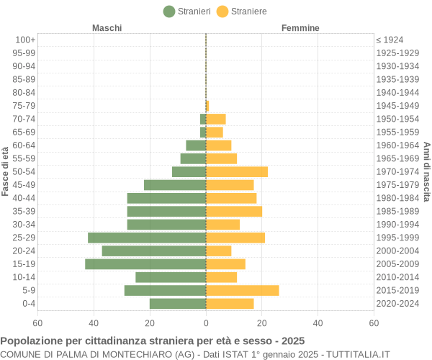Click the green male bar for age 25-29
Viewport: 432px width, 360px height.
[147, 238]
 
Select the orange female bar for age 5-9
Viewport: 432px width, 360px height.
[242, 290]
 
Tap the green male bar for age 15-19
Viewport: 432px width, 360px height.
[145, 264]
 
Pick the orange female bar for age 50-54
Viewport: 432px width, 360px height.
[237, 171]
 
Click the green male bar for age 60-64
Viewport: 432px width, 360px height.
[196, 145]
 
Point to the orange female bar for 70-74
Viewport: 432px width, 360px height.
[216, 119]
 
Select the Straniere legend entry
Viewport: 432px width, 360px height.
[242, 12]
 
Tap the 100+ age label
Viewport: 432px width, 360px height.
[25, 40]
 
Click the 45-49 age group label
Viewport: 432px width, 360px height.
[24, 185]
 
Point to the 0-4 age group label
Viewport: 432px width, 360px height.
[28, 304]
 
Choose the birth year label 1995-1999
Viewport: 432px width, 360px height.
[397, 238]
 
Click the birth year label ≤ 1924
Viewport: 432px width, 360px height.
[390, 40]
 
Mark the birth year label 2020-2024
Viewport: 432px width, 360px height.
[397, 304]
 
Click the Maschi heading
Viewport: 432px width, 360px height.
[107, 28]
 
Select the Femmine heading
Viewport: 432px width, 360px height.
[300, 28]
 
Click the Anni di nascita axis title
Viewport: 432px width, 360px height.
[426, 171]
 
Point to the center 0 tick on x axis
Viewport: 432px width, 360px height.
[206, 323]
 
